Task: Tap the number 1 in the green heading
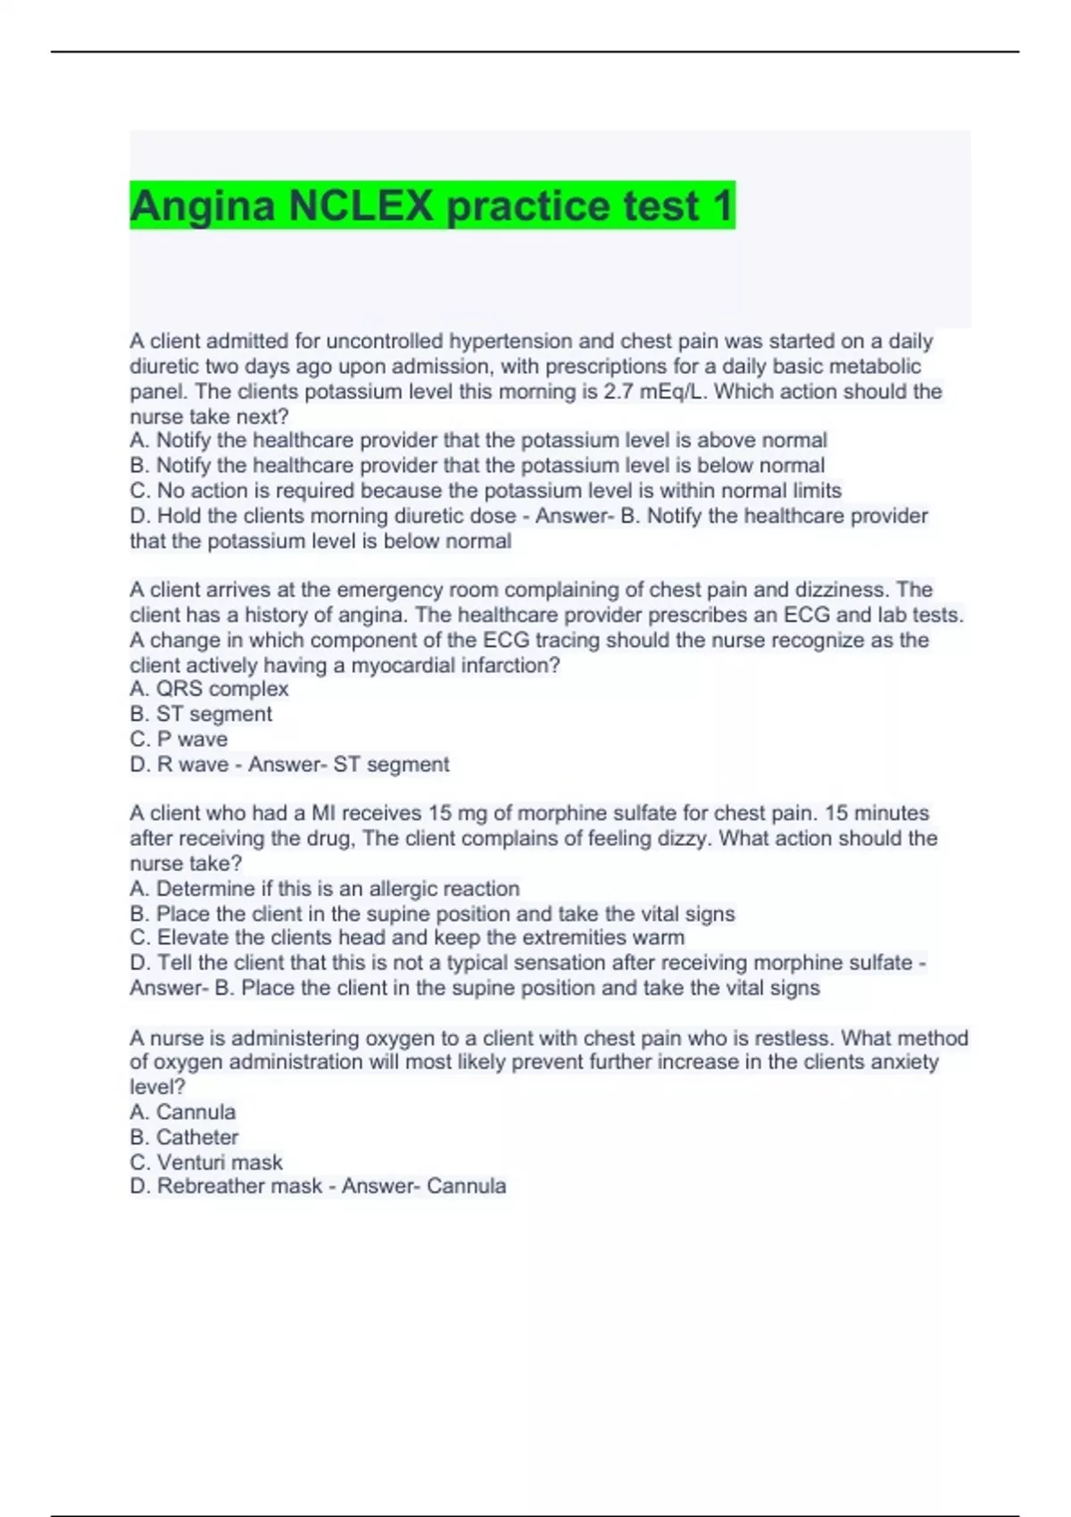[x=721, y=206]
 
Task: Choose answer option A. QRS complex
[x=209, y=689]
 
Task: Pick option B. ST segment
[x=201, y=714]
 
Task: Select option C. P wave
[x=178, y=739]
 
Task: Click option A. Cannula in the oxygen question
[x=183, y=1112]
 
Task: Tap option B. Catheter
[x=184, y=1137]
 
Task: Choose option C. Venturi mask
[x=206, y=1162]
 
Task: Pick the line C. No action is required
[x=486, y=491]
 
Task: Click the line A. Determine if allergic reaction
[x=325, y=889]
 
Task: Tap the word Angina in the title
[x=203, y=206]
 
